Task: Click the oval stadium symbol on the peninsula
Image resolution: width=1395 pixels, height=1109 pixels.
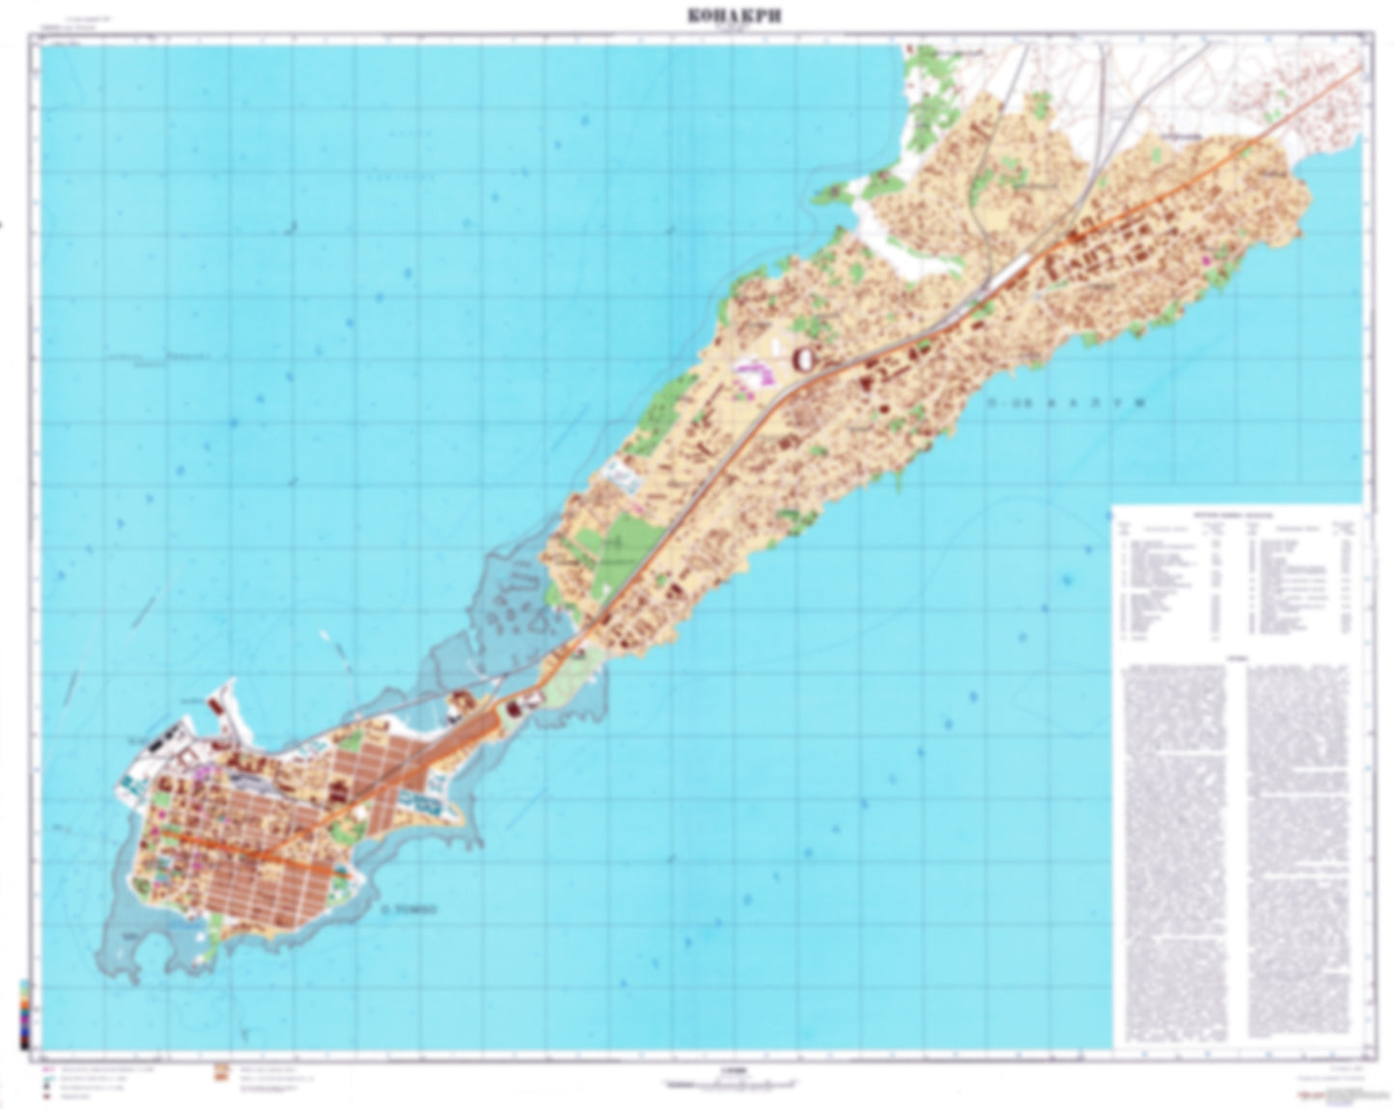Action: click(803, 359)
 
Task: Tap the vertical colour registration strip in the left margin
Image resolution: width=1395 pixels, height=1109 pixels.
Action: click(25, 1012)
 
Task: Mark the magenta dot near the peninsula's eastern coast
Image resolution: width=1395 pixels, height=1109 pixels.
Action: click(1204, 261)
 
